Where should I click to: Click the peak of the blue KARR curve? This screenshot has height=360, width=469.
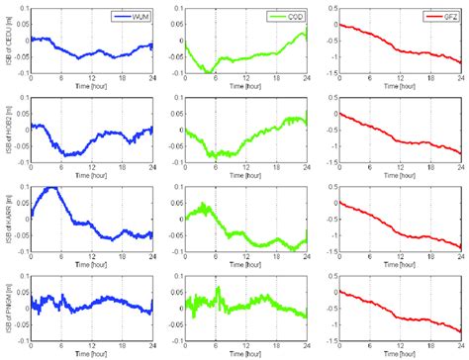coord(51,188)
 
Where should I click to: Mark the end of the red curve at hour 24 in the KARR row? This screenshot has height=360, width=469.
coord(460,246)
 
